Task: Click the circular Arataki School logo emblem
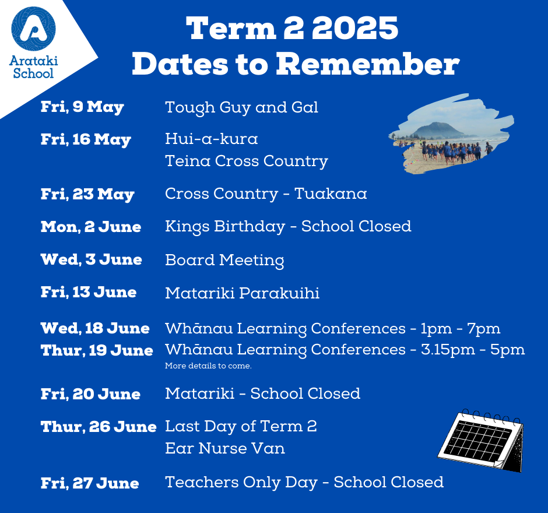click(34, 29)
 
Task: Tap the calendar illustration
click(481, 440)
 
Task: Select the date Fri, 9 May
click(82, 107)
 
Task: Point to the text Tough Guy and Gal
click(241, 107)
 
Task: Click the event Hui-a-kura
click(212, 139)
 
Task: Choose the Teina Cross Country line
click(247, 161)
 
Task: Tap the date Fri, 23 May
click(87, 194)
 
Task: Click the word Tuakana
click(331, 194)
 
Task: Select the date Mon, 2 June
click(91, 227)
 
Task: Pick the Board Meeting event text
click(224, 261)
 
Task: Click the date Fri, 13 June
click(89, 292)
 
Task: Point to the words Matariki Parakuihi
click(242, 293)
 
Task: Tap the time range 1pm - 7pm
click(461, 329)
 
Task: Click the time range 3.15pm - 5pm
click(473, 350)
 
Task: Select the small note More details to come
click(208, 366)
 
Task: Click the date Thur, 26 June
click(99, 427)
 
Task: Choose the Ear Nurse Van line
click(224, 448)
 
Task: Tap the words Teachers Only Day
click(241, 483)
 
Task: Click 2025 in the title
click(354, 29)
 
